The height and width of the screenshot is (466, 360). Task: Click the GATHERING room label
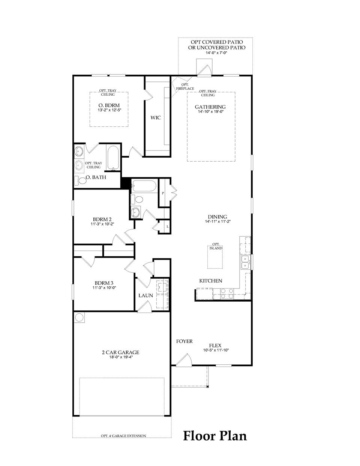tap(210, 107)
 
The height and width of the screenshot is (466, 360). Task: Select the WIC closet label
tap(156, 118)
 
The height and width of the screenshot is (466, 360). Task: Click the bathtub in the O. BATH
tap(112, 158)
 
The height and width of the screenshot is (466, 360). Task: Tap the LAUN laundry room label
tap(145, 295)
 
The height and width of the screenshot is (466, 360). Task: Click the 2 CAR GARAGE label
tap(120, 352)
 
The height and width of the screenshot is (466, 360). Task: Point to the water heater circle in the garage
tap(79, 317)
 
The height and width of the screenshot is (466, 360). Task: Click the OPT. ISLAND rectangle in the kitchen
tap(215, 257)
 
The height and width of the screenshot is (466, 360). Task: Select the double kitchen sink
tap(245, 262)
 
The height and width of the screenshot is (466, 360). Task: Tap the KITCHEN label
tap(210, 281)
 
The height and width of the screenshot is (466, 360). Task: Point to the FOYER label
tap(184, 341)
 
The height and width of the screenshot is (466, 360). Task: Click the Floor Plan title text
tap(215, 436)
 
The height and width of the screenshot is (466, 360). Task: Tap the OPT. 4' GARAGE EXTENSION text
tap(123, 436)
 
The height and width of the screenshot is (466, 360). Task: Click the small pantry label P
tap(163, 193)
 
